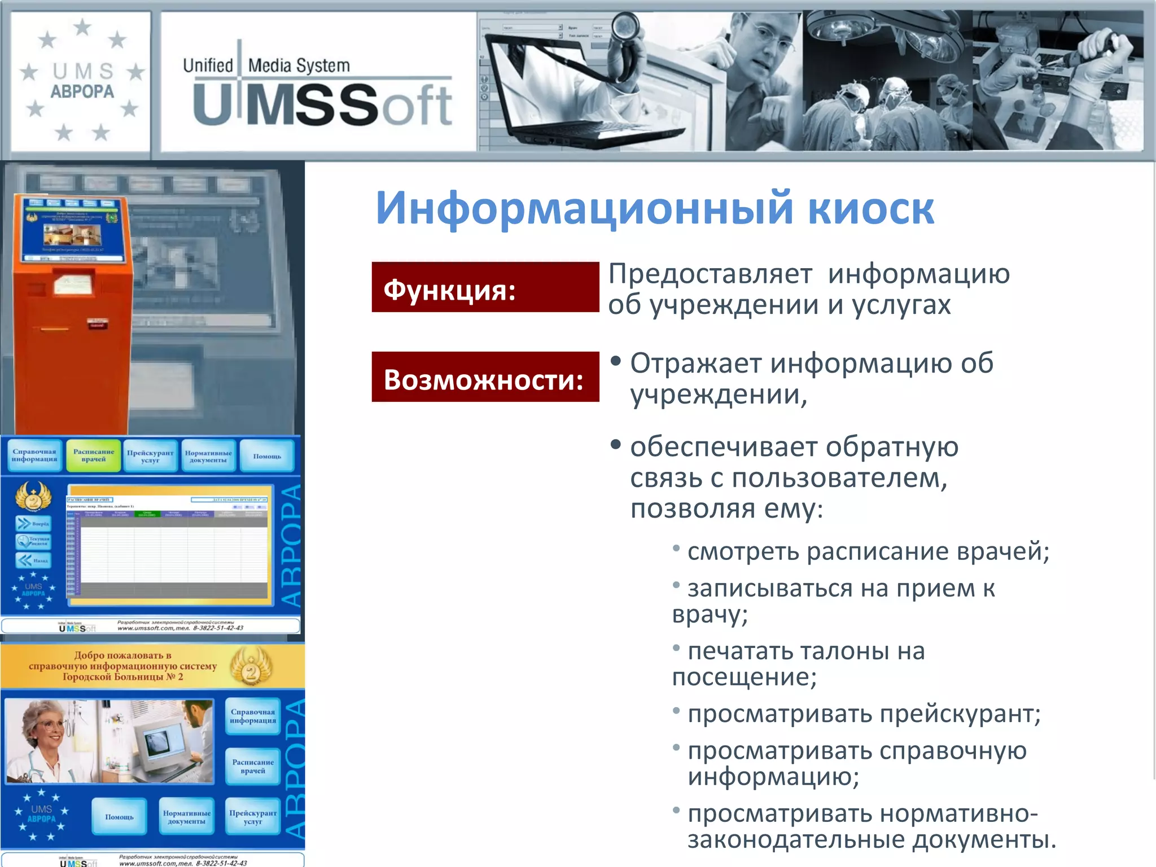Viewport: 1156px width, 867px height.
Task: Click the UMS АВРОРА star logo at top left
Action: (82, 82)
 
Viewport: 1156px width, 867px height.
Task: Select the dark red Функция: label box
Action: (485, 287)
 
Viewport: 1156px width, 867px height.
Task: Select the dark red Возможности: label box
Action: (485, 377)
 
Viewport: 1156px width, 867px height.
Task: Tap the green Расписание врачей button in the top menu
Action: (94, 456)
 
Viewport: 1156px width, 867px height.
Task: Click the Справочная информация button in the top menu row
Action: (34, 456)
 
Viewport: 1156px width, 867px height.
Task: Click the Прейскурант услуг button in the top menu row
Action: (150, 456)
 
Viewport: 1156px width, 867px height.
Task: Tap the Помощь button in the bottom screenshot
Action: (119, 817)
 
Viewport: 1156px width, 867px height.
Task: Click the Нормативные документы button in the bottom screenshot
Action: (187, 817)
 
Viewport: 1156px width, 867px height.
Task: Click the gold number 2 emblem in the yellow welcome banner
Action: (252, 668)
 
